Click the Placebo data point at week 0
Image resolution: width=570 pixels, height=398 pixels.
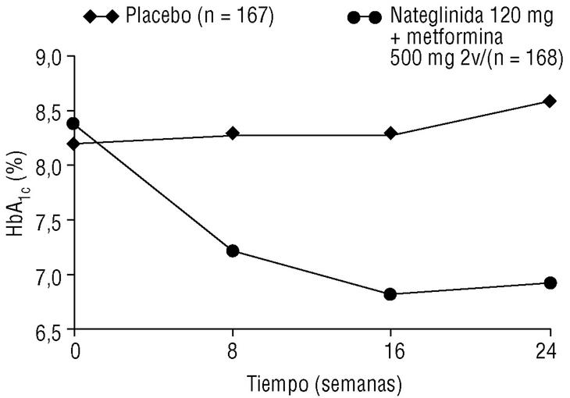(x=74, y=144)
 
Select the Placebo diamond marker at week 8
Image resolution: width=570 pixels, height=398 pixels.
(x=232, y=133)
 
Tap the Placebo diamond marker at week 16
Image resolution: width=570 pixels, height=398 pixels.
(x=390, y=133)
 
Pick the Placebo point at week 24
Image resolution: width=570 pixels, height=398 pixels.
(x=550, y=101)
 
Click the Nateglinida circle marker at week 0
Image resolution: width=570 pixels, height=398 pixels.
(x=74, y=123)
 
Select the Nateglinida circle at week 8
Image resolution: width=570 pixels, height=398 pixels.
(x=232, y=251)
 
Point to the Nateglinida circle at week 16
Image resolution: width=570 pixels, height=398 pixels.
(x=390, y=294)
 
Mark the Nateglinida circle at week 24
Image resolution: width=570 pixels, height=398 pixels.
(x=550, y=283)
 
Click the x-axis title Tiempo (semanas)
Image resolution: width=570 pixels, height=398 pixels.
(x=324, y=383)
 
